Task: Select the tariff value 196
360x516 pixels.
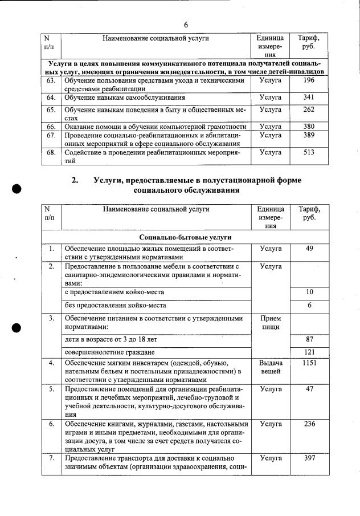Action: click(309, 81)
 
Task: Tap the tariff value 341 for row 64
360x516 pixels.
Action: click(309, 97)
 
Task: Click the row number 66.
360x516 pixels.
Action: click(51, 126)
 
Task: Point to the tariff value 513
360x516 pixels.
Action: click(309, 152)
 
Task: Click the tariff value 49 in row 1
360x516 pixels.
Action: click(309, 249)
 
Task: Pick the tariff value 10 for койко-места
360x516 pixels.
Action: click(309, 292)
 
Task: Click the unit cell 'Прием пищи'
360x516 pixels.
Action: click(270, 322)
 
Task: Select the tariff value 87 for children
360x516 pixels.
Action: click(309, 339)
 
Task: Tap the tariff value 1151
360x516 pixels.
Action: click(309, 363)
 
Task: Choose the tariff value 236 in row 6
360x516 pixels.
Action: click(309, 424)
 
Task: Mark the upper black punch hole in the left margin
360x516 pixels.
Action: click(17, 189)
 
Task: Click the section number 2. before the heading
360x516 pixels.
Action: click(75, 180)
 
